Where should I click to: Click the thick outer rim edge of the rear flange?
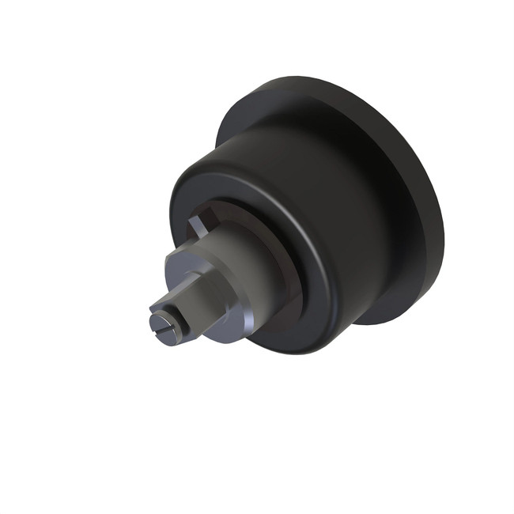click(431, 237)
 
